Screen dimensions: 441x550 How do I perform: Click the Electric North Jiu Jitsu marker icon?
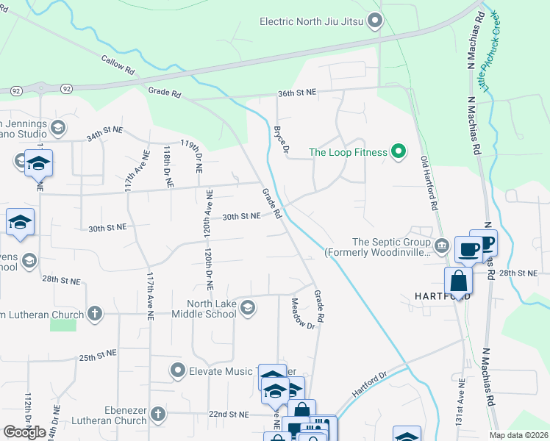pos(376,21)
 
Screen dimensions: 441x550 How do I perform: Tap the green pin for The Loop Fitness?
pos(399,152)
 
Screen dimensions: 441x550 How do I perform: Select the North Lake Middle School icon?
pos(249,307)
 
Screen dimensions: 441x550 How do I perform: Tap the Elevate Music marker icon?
pos(177,370)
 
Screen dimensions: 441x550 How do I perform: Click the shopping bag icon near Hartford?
pos(458,282)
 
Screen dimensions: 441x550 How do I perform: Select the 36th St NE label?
pos(297,93)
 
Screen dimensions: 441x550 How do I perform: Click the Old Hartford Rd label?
pos(429,184)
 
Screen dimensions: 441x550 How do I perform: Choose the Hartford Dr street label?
pos(369,385)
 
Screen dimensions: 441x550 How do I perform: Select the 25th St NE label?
pos(99,355)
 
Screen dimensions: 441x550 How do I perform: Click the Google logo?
pos(24,432)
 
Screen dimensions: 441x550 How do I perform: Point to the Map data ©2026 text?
pos(518,435)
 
